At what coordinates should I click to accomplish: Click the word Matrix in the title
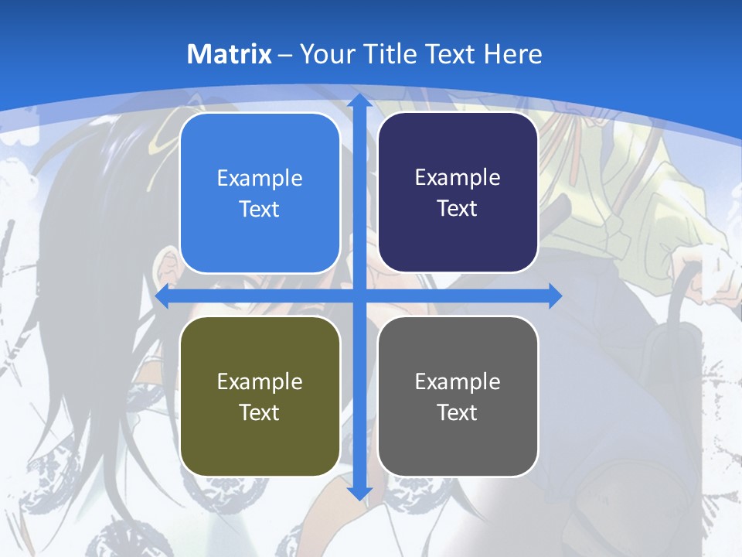(x=230, y=54)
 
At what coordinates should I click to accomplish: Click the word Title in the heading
(x=393, y=54)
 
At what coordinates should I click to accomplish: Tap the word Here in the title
(x=513, y=54)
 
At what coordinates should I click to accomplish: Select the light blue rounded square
(x=260, y=193)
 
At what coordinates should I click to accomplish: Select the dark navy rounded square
(x=458, y=193)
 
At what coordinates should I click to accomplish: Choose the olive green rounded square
(x=260, y=396)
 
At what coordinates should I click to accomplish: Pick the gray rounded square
(x=458, y=396)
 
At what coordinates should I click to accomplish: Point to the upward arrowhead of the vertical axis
(x=359, y=101)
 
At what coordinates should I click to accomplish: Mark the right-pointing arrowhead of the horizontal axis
(x=554, y=296)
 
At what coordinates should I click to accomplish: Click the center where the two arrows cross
(x=359, y=296)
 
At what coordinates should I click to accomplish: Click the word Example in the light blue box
(x=260, y=179)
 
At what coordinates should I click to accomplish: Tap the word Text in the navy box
(x=458, y=209)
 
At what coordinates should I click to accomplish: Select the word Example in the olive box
(x=260, y=381)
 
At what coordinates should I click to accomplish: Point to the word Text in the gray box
(x=458, y=412)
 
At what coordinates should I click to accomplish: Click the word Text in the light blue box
(x=260, y=210)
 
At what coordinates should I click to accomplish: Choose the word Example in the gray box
(x=458, y=381)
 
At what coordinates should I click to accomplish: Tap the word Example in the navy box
(x=458, y=178)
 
